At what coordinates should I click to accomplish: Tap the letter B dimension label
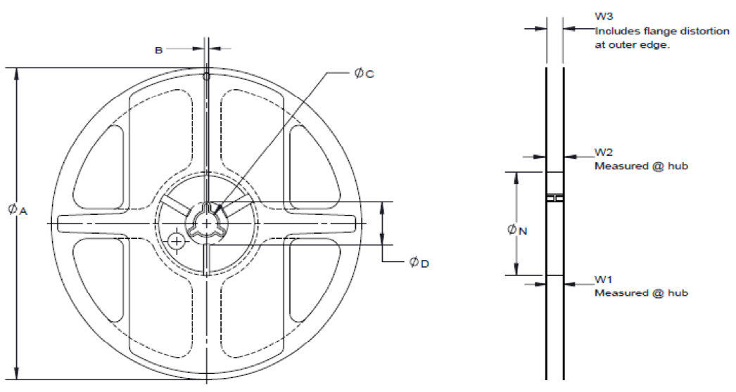(x=159, y=49)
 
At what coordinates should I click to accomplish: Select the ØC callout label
(x=363, y=73)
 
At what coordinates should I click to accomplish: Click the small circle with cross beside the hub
(x=176, y=241)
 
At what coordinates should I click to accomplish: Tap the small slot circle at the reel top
(x=206, y=75)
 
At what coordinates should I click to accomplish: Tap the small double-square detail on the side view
(x=555, y=199)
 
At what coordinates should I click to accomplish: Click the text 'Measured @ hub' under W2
(x=641, y=166)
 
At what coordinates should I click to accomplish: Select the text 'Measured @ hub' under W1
(x=641, y=292)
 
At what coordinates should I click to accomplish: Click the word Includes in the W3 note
(x=616, y=32)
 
